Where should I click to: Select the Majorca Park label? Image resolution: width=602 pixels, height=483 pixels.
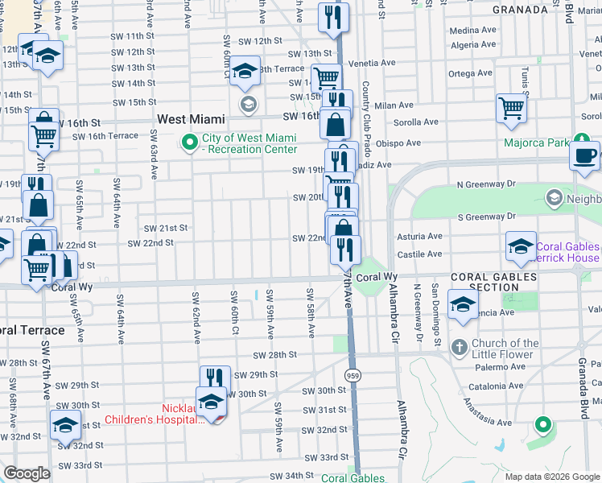(x=537, y=144)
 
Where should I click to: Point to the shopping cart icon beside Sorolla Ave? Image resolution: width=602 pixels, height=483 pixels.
(x=512, y=108)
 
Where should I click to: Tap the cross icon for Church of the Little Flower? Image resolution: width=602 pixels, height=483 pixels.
(x=459, y=349)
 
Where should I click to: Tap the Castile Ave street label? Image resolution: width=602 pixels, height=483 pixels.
(x=419, y=254)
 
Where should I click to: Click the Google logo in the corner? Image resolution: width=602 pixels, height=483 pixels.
(x=27, y=474)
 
